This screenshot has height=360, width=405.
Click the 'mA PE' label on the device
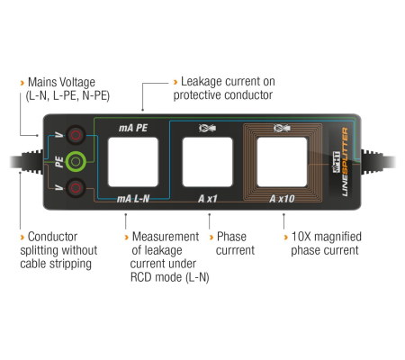[133, 128]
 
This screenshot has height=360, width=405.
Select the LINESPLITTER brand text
[345, 162]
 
